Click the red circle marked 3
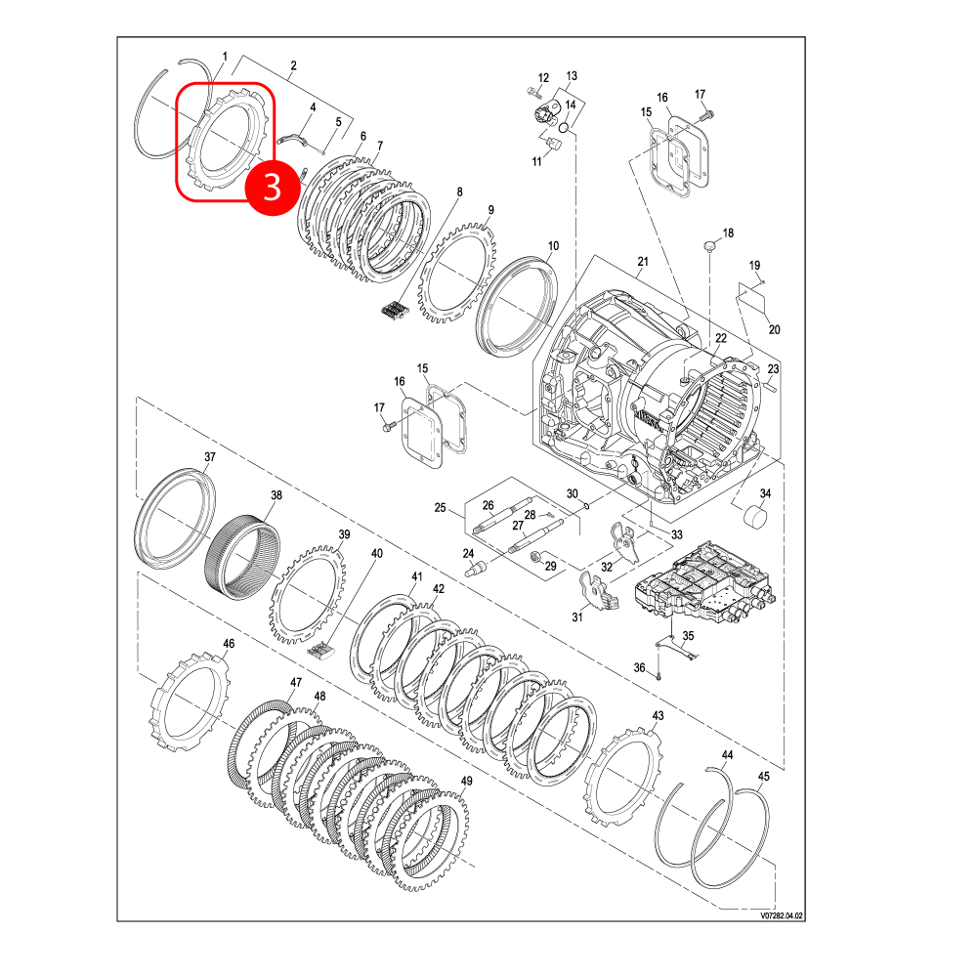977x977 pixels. (273, 187)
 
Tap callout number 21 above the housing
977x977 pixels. (643, 262)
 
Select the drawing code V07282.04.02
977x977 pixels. (782, 916)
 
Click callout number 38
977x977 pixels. (276, 494)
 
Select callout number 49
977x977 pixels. (466, 781)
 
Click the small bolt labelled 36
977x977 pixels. (658, 675)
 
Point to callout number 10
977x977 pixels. (553, 246)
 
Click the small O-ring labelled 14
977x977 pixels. (564, 128)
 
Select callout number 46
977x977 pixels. (229, 644)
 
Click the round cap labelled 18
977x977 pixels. (709, 245)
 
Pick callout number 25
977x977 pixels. (440, 508)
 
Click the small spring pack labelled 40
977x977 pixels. (320, 650)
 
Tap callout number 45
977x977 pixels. (764, 777)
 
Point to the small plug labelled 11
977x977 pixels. (553, 145)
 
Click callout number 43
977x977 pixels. (658, 716)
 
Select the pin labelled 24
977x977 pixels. (477, 568)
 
